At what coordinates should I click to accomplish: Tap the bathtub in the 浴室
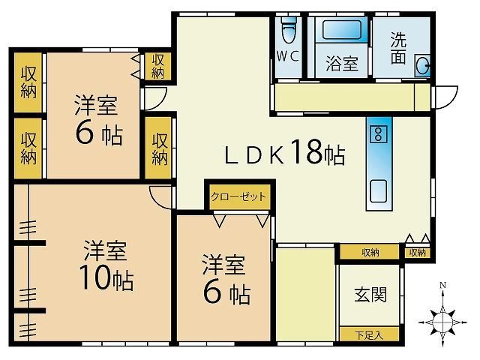point(341,29)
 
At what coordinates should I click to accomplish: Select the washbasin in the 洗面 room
point(423,66)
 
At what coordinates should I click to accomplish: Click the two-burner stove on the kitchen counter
point(379,134)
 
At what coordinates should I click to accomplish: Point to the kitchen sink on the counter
point(379,191)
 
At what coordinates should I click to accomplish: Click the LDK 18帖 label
point(285,152)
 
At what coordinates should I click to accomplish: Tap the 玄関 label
point(370,295)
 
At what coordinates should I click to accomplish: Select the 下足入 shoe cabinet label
point(369,335)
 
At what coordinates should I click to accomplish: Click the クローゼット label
point(238,196)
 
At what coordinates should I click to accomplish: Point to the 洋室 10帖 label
point(106,265)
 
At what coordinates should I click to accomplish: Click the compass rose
point(442,322)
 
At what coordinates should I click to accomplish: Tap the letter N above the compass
point(442,285)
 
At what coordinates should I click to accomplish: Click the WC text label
point(287,56)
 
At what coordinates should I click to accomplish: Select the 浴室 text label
point(342,63)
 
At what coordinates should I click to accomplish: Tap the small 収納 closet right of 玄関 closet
point(418,253)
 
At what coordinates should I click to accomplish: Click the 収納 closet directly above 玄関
point(370,253)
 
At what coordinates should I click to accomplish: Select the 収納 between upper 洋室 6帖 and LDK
point(159,148)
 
